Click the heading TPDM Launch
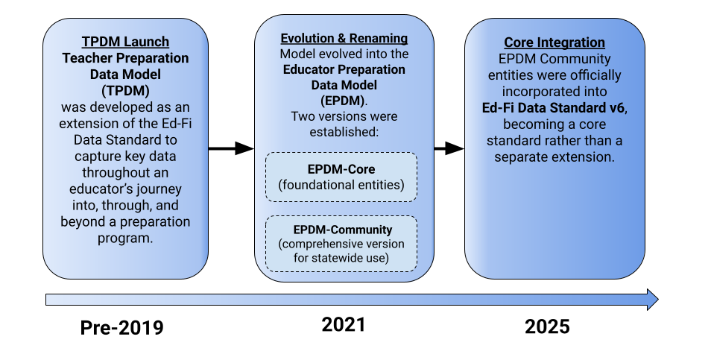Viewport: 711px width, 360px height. point(125,42)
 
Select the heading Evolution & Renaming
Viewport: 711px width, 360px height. point(344,38)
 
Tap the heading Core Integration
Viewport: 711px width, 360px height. point(554,42)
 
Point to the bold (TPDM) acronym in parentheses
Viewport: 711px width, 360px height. point(125,90)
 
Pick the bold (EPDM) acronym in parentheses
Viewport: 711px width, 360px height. point(344,101)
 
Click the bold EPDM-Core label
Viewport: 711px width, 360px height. point(341,169)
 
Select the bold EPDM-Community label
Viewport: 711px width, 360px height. point(341,230)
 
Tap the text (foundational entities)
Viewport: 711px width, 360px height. point(341,185)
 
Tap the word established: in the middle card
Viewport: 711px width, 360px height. point(344,133)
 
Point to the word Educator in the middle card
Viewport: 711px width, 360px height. point(309,69)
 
